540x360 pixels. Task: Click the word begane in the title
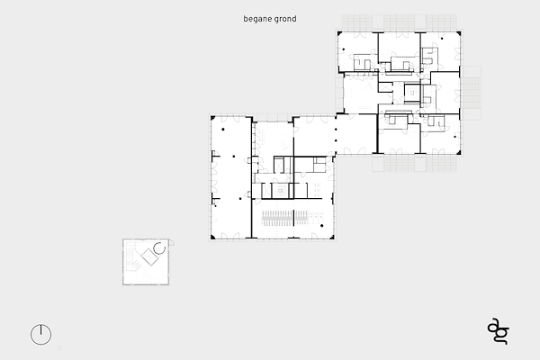pyautogui.click(x=257, y=19)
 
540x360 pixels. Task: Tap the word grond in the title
pyautogui.click(x=285, y=19)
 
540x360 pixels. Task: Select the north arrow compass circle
pyautogui.click(x=41, y=335)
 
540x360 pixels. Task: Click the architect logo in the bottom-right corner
pyautogui.click(x=499, y=331)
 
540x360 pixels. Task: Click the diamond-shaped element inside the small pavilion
pyautogui.click(x=149, y=256)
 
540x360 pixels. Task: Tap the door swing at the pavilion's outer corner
pyautogui.click(x=171, y=242)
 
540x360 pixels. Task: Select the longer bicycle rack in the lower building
pyautogui.click(x=277, y=219)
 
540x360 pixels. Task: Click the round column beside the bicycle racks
pyautogui.click(x=321, y=226)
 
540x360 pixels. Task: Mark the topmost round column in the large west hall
pyautogui.click(x=223, y=130)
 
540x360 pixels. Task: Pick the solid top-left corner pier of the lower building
pyautogui.click(x=212, y=118)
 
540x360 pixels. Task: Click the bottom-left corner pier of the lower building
pyautogui.click(x=212, y=237)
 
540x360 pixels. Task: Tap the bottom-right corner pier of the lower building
pyautogui.click(x=332, y=237)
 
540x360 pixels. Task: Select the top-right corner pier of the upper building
pyautogui.click(x=459, y=33)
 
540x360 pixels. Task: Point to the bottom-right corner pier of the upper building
pyautogui.click(x=459, y=152)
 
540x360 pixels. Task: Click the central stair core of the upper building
pyautogui.click(x=412, y=93)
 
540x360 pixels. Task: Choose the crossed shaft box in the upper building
pyautogui.click(x=386, y=87)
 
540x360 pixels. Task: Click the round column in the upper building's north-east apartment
pyautogui.click(x=442, y=39)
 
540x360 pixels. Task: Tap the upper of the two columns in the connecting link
pyautogui.click(x=336, y=130)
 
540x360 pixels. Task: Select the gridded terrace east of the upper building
pyautogui.click(x=472, y=93)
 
